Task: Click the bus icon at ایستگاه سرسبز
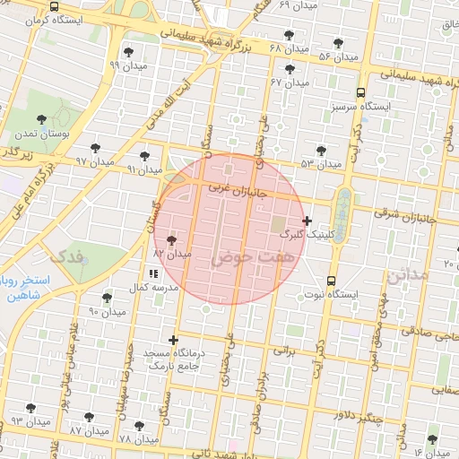360,92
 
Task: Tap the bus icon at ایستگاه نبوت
333,281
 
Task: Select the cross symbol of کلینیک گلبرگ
307,221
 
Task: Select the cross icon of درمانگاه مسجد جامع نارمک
173,341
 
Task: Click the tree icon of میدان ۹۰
107,298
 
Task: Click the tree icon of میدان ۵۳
321,150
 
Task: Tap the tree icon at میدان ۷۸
138,426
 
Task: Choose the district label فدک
69,256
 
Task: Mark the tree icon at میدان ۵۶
337,43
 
